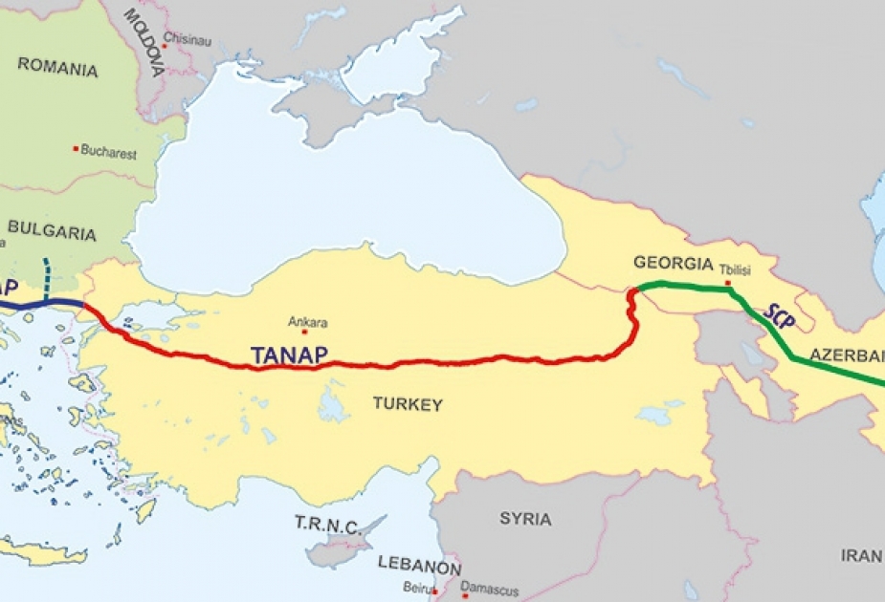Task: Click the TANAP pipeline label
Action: coord(289,355)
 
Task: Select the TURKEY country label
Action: coord(408,405)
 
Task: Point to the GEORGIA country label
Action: coord(674,263)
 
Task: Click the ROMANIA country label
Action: coord(57,68)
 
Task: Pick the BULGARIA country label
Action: coord(52,232)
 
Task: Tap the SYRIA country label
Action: coord(525,519)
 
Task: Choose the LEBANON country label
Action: coord(419,565)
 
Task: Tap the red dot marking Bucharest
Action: coord(76,149)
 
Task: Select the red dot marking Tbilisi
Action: coord(728,283)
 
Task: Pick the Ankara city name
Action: coord(308,322)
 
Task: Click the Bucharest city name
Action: coord(109,152)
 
